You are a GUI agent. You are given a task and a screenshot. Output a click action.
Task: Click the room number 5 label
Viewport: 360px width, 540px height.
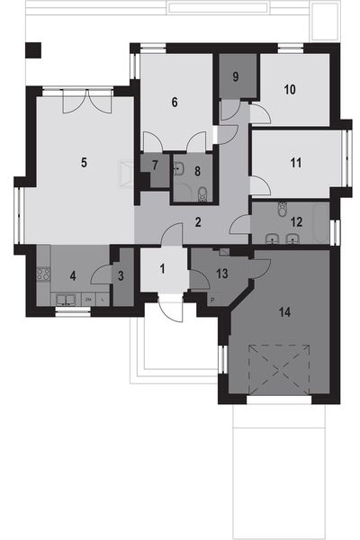point(83,163)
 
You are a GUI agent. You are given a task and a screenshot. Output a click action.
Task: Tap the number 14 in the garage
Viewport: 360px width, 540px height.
point(285,312)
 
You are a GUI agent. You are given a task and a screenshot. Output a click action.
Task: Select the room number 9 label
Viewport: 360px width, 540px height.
point(235,76)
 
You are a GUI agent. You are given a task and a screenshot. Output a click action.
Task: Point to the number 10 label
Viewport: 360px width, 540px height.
point(290,89)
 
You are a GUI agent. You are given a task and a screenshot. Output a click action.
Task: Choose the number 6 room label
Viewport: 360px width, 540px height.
point(176,102)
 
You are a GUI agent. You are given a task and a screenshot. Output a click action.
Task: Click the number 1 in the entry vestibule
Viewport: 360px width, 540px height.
point(163,268)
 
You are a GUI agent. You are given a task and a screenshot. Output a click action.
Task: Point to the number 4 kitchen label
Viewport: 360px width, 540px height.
point(74,276)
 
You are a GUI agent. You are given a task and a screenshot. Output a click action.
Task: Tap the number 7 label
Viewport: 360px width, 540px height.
point(155,166)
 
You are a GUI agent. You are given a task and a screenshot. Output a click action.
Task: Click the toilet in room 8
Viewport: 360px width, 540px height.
point(203,191)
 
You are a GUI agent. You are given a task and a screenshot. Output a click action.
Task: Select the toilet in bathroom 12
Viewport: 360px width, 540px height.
point(283,208)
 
